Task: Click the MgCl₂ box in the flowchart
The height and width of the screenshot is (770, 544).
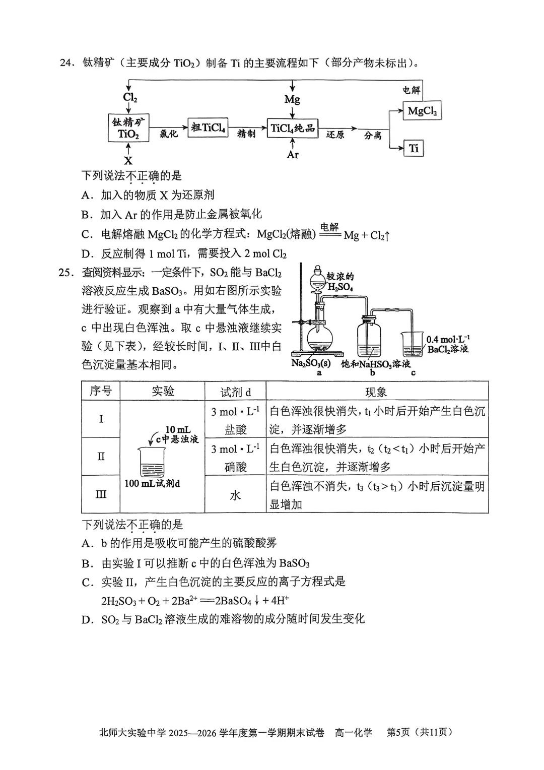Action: coord(422,111)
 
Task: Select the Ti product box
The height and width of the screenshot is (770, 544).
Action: coord(414,148)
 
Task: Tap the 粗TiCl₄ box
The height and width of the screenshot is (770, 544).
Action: coord(208,128)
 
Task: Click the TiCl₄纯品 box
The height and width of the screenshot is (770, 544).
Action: coord(292,128)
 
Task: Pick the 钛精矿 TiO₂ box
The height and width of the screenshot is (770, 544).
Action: coord(128,128)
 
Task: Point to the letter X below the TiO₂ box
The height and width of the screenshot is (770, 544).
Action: coord(128,161)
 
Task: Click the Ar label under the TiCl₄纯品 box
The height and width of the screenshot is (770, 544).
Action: coord(293,155)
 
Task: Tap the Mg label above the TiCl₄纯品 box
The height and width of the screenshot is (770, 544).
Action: coord(292,99)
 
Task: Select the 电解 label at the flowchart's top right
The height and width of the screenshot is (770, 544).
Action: coord(411,90)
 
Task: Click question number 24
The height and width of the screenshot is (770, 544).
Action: coord(67,63)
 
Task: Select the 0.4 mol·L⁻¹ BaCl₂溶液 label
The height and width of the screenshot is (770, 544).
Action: coord(448,344)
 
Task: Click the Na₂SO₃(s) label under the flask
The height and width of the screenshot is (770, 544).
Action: coord(311,363)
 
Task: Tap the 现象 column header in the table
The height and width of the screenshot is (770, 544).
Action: coord(376,392)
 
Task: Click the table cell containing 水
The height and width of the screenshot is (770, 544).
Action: coord(235,495)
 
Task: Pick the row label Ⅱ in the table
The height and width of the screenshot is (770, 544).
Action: coord(101,457)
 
